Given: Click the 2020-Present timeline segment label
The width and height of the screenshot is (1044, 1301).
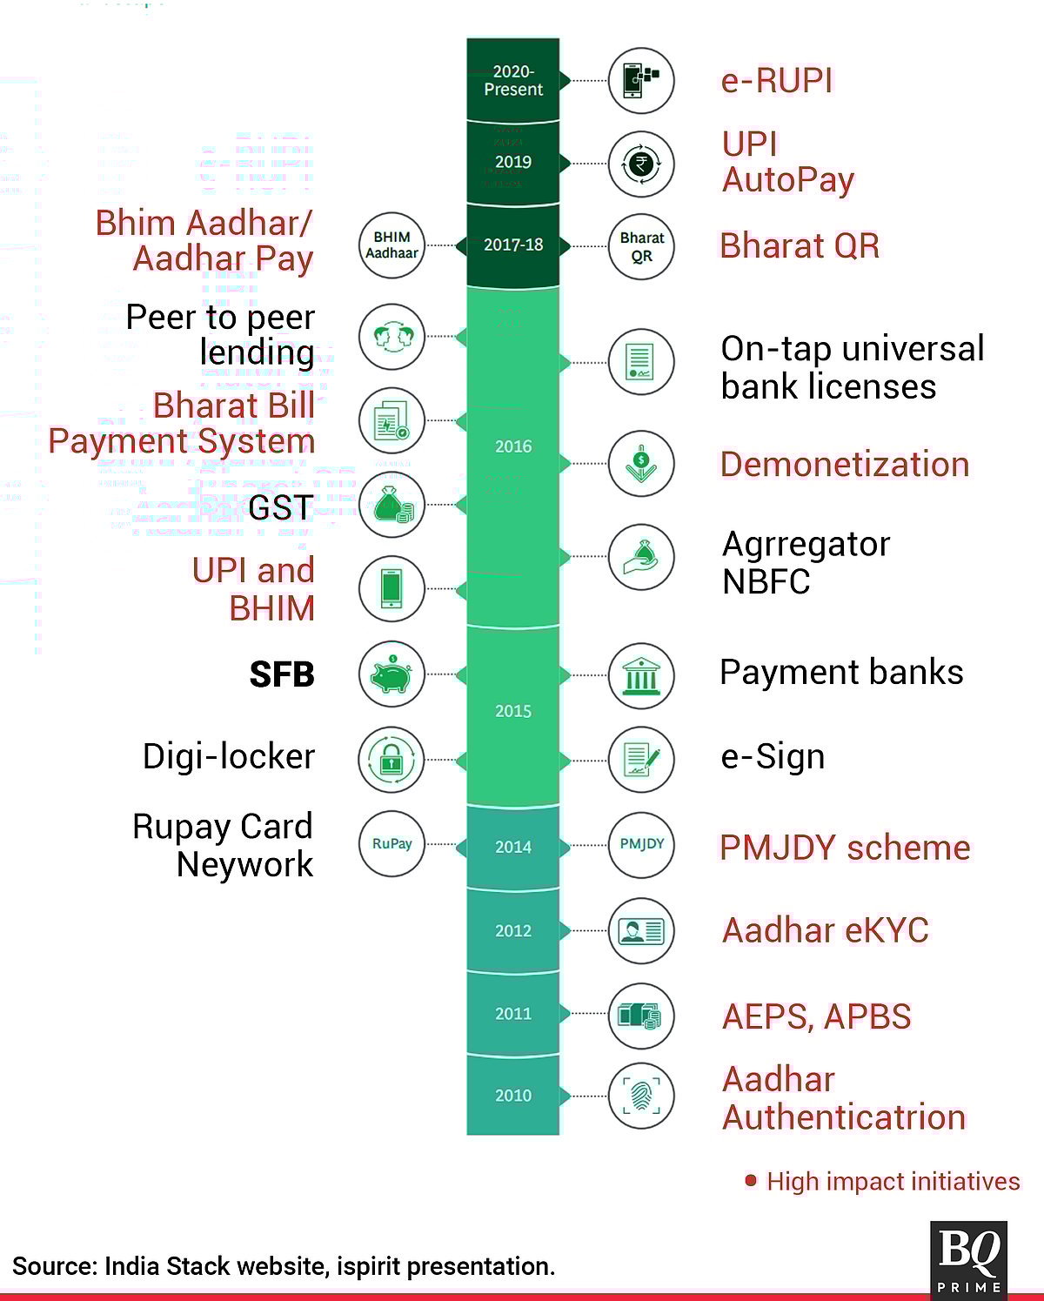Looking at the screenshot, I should pos(513,80).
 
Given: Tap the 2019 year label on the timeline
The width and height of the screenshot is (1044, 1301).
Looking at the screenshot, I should pos(513,162).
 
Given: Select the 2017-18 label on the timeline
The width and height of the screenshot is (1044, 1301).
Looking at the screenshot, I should pos(513,245).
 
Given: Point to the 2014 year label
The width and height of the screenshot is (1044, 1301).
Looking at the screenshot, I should pos(513,847).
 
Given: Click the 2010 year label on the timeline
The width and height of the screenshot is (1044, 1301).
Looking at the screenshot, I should pos(513,1096).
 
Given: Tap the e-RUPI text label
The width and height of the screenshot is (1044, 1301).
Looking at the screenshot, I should pos(777,81).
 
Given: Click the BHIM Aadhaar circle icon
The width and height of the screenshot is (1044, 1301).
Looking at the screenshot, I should pos(391,245).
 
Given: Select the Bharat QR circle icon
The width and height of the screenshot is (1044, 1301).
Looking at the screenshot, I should pos(642,246).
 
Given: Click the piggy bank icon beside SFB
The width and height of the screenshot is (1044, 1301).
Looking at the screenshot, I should pos(391,674).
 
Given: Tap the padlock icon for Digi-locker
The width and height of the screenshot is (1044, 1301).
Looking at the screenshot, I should pos(391,759).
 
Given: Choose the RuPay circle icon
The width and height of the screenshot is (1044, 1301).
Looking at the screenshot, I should pos(391,843).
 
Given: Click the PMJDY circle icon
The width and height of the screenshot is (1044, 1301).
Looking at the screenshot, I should pos(642,844).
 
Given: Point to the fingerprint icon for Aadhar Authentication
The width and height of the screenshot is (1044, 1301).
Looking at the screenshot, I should pos(642,1096).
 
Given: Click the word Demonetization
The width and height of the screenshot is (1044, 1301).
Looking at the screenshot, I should pos(844,465).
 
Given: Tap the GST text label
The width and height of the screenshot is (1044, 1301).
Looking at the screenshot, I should pos(280,507).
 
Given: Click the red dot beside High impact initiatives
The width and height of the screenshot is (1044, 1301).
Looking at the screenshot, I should pos(751,1181).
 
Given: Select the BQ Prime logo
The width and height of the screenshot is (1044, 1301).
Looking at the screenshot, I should pos(969,1258).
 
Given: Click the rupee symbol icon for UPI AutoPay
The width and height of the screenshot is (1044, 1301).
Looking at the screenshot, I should pos(642,164).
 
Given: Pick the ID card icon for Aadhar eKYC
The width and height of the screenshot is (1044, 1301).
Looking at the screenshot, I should pos(642,931).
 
